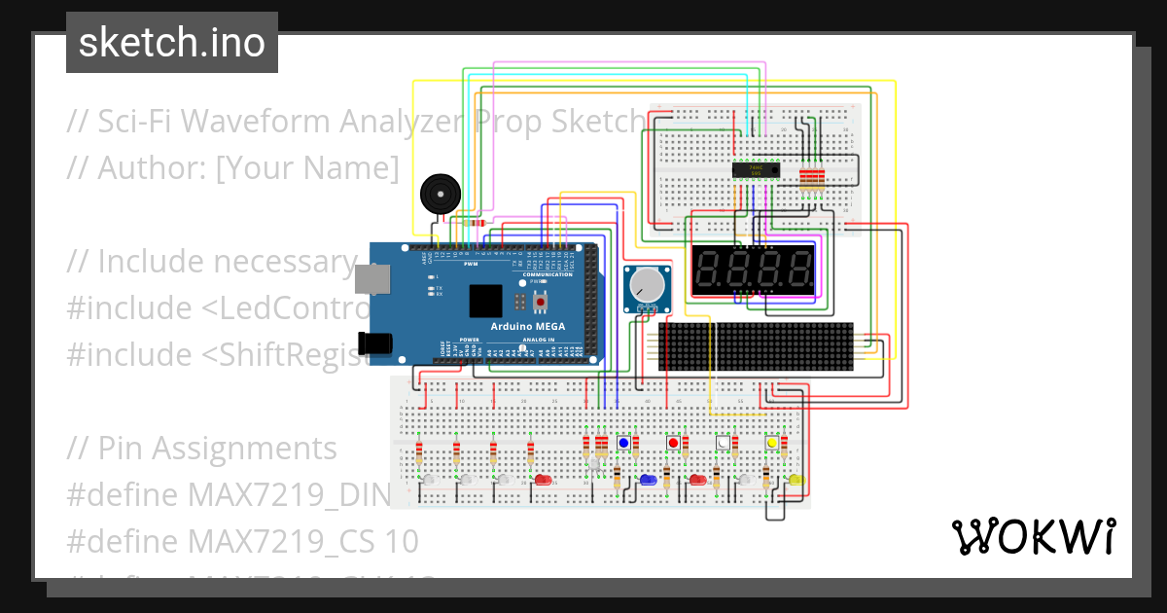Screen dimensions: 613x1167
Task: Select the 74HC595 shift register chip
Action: pyautogui.click(x=756, y=170)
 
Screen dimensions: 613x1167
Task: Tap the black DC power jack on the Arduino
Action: pyautogui.click(x=374, y=343)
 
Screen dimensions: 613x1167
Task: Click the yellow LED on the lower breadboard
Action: pyautogui.click(x=796, y=480)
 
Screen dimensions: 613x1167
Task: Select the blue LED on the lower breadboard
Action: pyautogui.click(x=648, y=480)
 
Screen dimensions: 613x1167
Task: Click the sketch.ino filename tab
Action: pyautogui.click(x=172, y=43)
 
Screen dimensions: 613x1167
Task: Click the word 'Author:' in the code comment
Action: pyautogui.click(x=151, y=167)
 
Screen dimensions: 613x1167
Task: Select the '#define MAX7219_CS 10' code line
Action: pyautogui.click(x=243, y=540)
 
